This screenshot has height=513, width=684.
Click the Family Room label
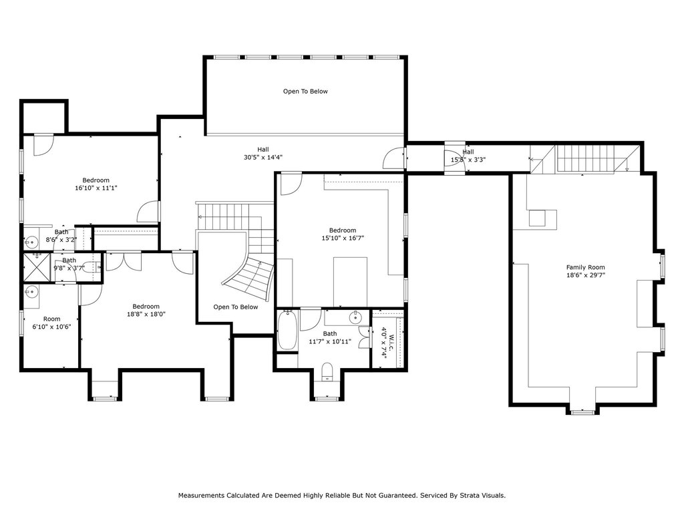585,267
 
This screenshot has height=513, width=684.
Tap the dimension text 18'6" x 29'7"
585,275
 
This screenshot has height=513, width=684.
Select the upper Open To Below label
305,91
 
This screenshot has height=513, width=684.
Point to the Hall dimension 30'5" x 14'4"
263,158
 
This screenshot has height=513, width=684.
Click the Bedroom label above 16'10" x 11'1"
96,180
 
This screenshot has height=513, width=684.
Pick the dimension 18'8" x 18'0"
146,314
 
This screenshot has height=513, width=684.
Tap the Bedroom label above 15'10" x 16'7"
343,230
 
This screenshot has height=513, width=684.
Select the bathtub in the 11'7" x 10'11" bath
287,329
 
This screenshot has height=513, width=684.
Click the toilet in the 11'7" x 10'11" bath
327,371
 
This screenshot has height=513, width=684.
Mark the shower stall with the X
37,267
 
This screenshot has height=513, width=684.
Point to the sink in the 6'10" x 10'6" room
31,291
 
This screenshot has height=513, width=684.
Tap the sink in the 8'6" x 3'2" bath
31,240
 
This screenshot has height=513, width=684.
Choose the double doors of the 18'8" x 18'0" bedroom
124,261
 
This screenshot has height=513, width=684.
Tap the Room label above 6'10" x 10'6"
52,319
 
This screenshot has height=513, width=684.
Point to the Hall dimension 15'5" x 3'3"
468,160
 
